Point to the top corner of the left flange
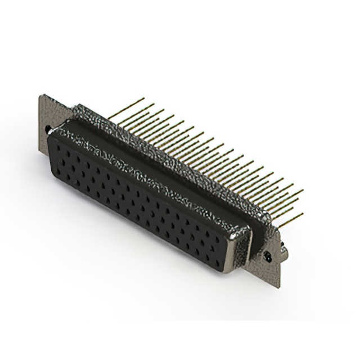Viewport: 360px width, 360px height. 40,96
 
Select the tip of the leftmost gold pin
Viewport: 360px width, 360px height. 145,100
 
